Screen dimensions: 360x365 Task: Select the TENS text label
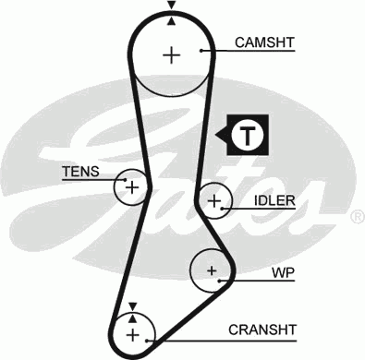(79, 171)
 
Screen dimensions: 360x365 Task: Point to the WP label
(282, 273)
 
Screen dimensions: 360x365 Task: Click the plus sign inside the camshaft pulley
(172, 54)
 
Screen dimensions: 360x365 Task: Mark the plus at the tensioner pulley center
(132, 187)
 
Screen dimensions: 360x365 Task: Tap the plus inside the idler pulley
(214, 199)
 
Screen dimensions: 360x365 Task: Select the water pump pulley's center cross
(212, 270)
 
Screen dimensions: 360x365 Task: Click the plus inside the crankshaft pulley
(133, 332)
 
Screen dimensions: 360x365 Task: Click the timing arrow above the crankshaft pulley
(133, 306)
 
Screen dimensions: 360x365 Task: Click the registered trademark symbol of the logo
(356, 217)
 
